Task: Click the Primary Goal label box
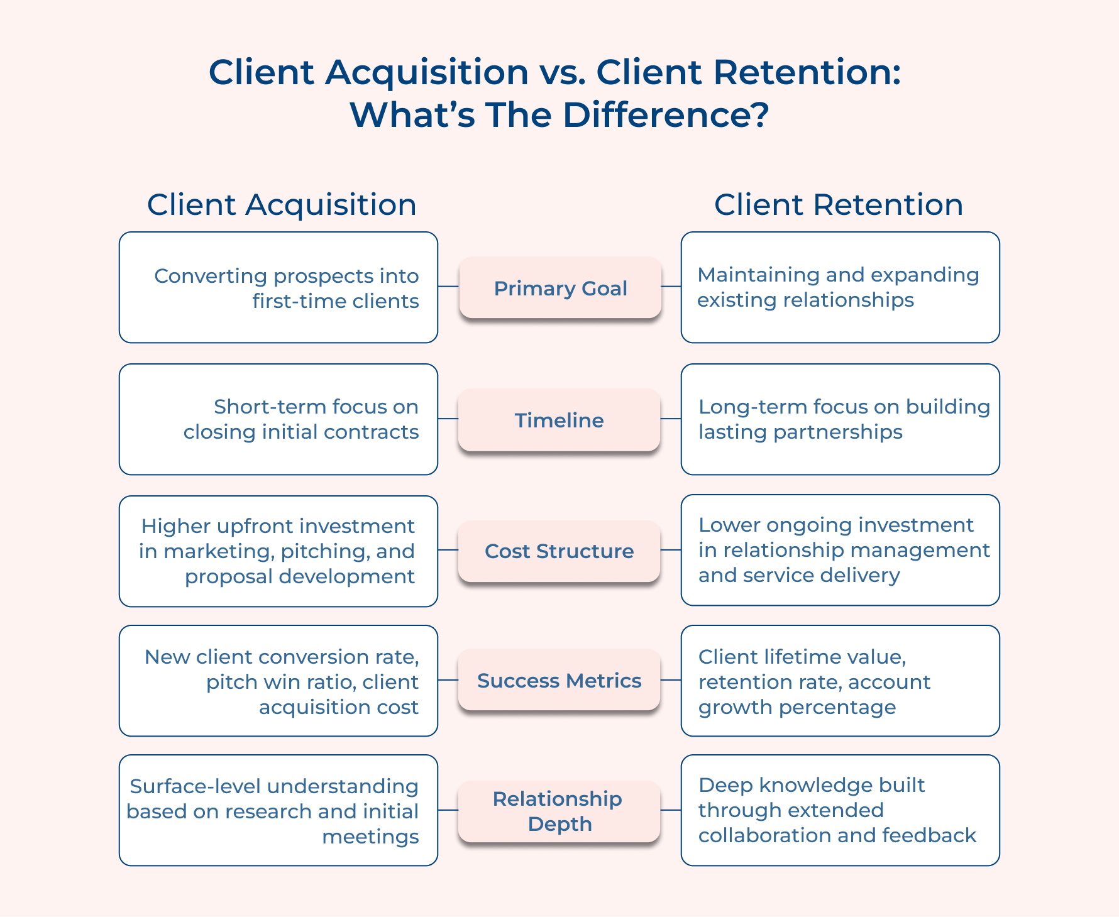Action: click(559, 288)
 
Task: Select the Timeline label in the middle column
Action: click(559, 420)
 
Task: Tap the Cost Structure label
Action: click(559, 551)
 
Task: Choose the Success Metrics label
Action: click(559, 681)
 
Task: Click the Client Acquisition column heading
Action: click(282, 205)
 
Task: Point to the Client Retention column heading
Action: click(838, 205)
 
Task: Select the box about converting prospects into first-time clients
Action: click(278, 288)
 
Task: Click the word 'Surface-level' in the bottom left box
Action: click(195, 787)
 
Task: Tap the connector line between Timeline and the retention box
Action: click(671, 419)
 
